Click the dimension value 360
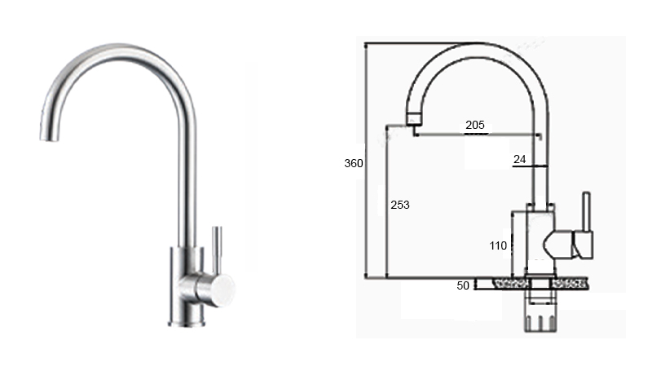click(x=353, y=163)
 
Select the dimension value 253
click(x=400, y=205)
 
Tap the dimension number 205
click(x=475, y=125)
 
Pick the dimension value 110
click(x=499, y=245)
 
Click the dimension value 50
click(x=463, y=285)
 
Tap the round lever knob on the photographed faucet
click(x=219, y=287)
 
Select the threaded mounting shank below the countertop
click(x=539, y=314)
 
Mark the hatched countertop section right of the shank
click(x=570, y=284)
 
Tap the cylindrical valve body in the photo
click(x=183, y=281)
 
